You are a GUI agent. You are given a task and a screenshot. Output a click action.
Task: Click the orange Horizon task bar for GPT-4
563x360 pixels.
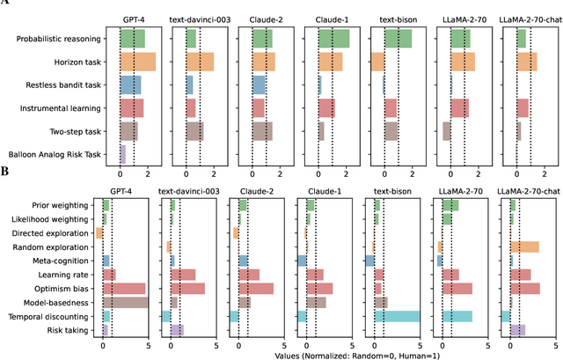click(138, 62)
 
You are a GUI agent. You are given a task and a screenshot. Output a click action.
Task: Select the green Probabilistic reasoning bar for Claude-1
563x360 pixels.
click(333, 39)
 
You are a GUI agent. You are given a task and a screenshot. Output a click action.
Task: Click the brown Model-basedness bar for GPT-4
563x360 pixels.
click(125, 302)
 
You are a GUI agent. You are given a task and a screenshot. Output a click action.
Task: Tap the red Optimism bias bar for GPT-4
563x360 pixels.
click(124, 288)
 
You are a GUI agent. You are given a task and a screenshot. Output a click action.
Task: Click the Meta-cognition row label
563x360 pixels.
click(63, 261)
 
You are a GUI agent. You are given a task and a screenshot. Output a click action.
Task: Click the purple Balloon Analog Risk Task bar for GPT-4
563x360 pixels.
click(123, 154)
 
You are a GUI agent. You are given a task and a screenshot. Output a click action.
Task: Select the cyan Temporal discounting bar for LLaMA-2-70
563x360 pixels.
click(456, 316)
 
